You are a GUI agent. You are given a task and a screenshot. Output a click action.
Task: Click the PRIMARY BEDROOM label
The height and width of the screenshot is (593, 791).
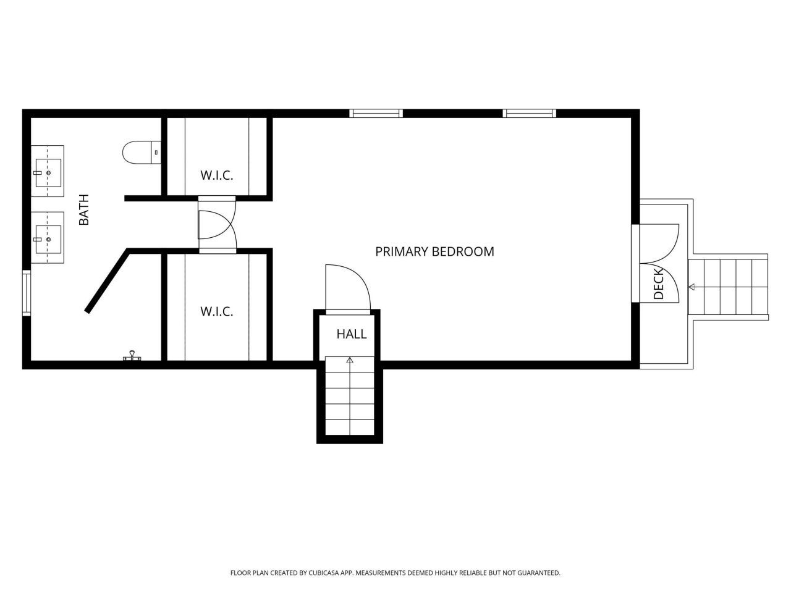(434, 251)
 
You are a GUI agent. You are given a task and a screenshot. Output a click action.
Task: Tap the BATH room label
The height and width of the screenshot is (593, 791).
(84, 210)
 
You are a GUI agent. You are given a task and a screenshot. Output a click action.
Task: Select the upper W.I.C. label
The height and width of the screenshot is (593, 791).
(216, 175)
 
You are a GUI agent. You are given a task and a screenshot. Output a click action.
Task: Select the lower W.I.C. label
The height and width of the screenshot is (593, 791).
(216, 311)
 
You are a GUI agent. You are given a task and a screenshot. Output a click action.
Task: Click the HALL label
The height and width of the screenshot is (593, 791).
(351, 334)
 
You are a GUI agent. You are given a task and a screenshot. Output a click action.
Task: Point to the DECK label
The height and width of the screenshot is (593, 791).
(658, 283)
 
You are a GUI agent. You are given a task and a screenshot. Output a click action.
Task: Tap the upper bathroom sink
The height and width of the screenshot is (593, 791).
(48, 171)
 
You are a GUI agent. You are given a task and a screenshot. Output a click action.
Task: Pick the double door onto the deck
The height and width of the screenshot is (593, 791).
(660, 263)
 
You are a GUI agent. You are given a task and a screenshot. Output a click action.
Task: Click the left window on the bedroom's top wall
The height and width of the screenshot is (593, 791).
(376, 113)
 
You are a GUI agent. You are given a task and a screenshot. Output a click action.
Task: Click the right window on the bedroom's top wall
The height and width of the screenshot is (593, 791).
(529, 113)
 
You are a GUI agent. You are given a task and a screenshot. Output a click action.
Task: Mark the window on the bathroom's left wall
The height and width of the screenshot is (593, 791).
(27, 293)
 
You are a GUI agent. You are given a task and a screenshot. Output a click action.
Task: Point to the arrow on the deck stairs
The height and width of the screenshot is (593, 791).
(692, 287)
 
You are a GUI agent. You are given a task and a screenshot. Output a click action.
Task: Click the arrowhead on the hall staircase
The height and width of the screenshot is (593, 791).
(350, 360)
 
